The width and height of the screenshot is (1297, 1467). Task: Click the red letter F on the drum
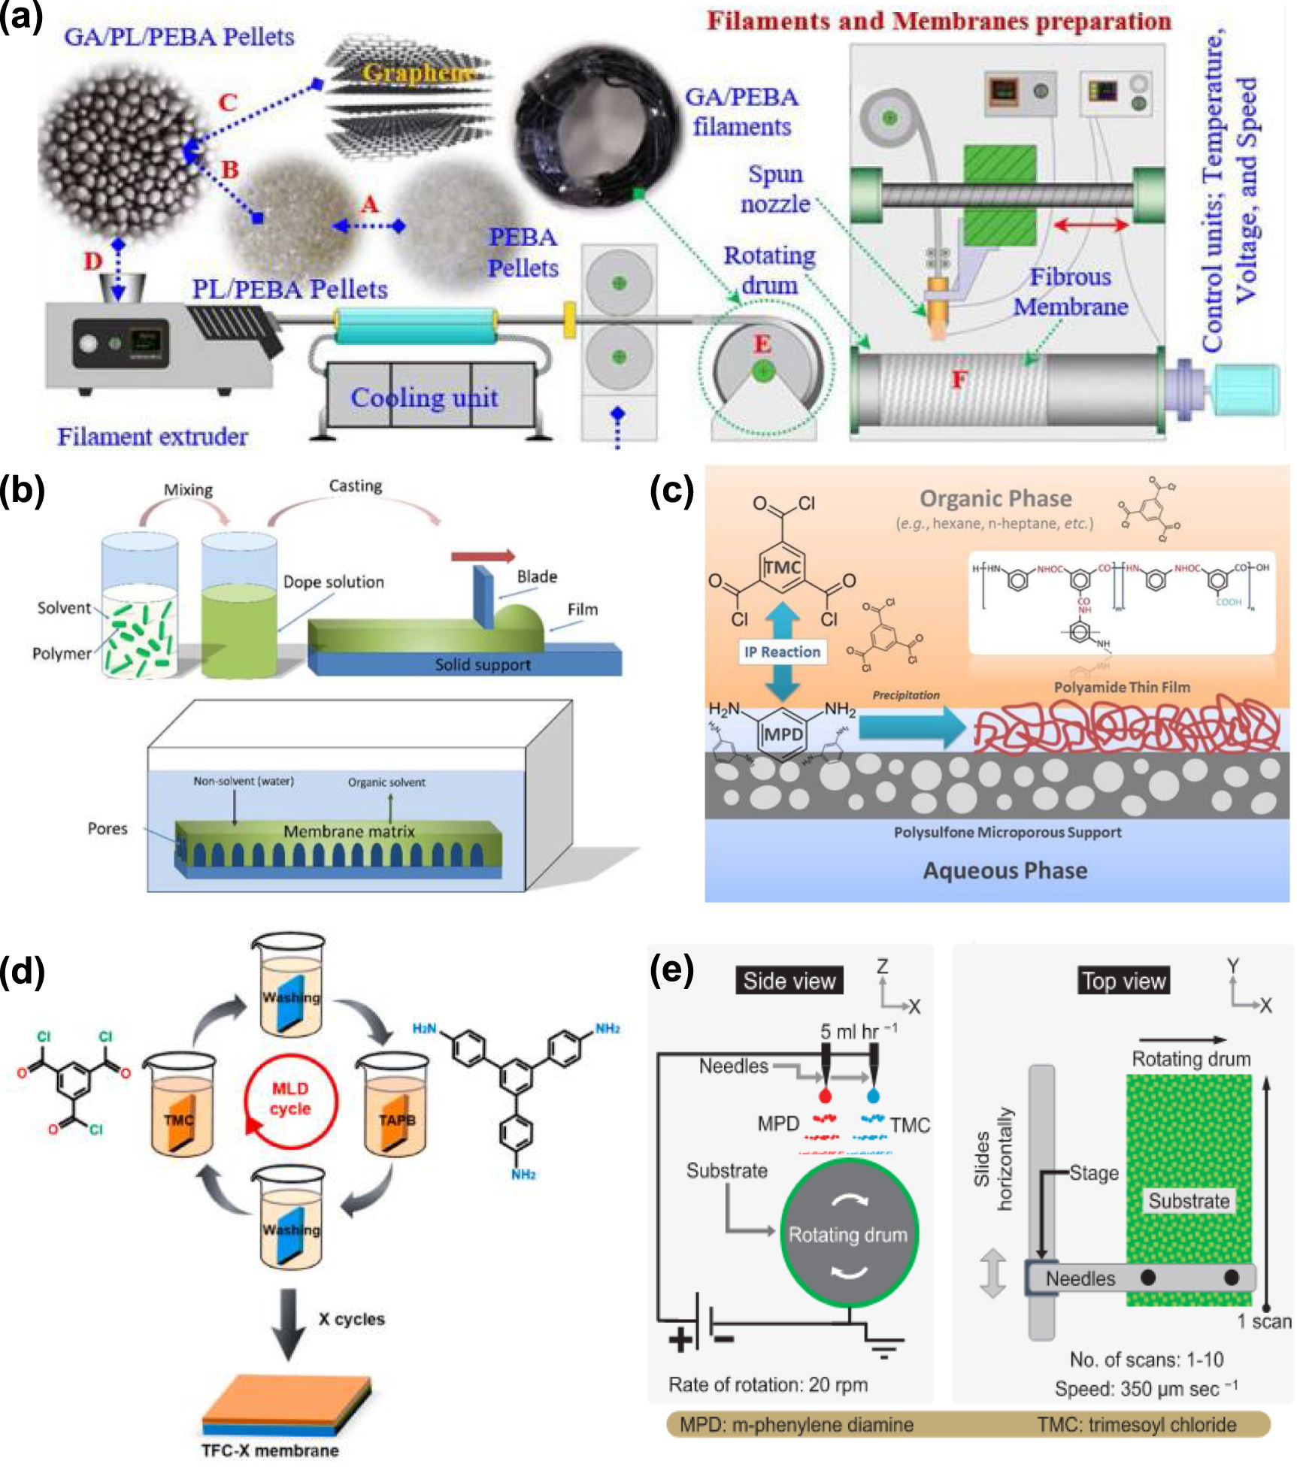[959, 380]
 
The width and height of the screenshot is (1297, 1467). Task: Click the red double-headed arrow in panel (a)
[1090, 225]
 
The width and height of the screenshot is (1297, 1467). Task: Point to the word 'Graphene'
[417, 73]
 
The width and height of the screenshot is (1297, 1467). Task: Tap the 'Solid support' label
[482, 664]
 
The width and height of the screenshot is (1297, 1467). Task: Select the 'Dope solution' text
[333, 582]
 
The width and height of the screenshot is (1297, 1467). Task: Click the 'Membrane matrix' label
[349, 831]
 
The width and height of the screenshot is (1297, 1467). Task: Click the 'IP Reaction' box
[782, 652]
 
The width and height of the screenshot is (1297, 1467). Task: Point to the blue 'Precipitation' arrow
[911, 727]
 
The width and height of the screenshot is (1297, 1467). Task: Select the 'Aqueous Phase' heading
[1005, 870]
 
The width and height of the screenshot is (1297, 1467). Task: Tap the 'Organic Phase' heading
[995, 498]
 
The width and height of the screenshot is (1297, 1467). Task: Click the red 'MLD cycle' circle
[290, 1100]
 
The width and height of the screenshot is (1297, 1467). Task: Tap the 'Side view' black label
[789, 980]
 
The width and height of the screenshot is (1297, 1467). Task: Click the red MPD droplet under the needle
[826, 1095]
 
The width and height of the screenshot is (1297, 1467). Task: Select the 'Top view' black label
[1123, 980]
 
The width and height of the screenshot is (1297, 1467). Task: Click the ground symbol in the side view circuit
[884, 1350]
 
